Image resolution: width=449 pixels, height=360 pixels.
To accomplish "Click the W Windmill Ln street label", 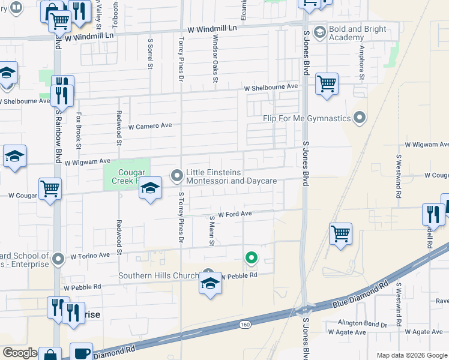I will (212, 28).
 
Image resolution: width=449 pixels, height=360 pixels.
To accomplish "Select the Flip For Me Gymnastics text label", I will (306, 118).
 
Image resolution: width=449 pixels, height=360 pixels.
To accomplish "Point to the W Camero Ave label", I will (150, 126).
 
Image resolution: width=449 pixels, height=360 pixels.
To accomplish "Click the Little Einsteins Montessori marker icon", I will (177, 176).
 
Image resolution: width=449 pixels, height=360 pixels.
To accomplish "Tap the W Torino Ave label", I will (90, 255).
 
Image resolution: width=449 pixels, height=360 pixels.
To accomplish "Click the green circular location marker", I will (252, 258).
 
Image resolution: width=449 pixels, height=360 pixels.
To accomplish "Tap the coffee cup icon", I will (81, 352).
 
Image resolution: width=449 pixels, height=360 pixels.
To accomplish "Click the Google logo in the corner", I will (20, 353).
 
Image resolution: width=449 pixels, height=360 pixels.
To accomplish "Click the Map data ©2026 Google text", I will (412, 355).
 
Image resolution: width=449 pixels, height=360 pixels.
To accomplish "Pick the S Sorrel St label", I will (150, 54).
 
